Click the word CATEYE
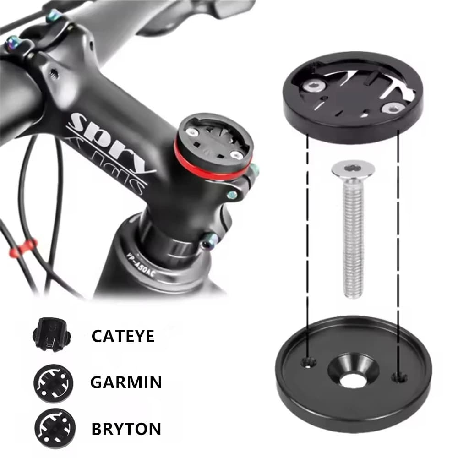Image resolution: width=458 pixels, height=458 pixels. point(123,336)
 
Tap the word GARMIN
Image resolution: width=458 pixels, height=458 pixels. point(126,382)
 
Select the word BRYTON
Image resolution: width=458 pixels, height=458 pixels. point(126,429)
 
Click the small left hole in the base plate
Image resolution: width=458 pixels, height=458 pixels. point(309,363)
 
